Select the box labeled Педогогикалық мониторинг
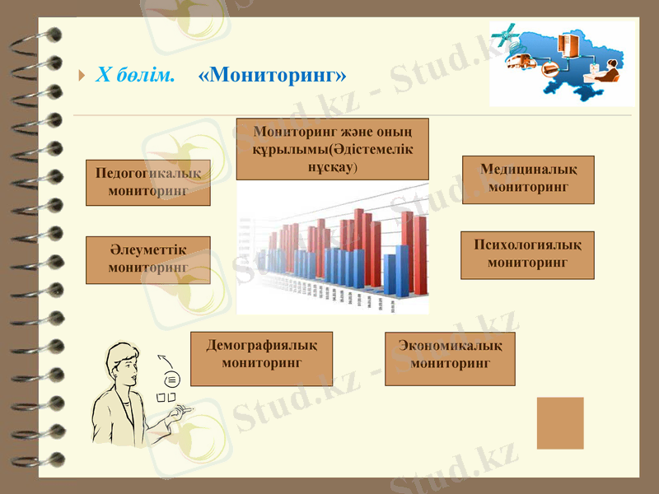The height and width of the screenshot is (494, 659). click(148, 182)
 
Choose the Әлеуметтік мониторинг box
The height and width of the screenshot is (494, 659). click(148, 259)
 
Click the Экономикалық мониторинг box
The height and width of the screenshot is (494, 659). click(450, 358)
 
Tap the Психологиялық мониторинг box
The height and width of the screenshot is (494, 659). click(527, 254)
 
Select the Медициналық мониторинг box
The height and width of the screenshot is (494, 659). click(528, 179)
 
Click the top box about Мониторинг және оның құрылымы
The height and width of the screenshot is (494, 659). click(332, 149)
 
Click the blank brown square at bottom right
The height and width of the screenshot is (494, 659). click(560, 423)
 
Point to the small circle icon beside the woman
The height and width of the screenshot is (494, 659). click(172, 380)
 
